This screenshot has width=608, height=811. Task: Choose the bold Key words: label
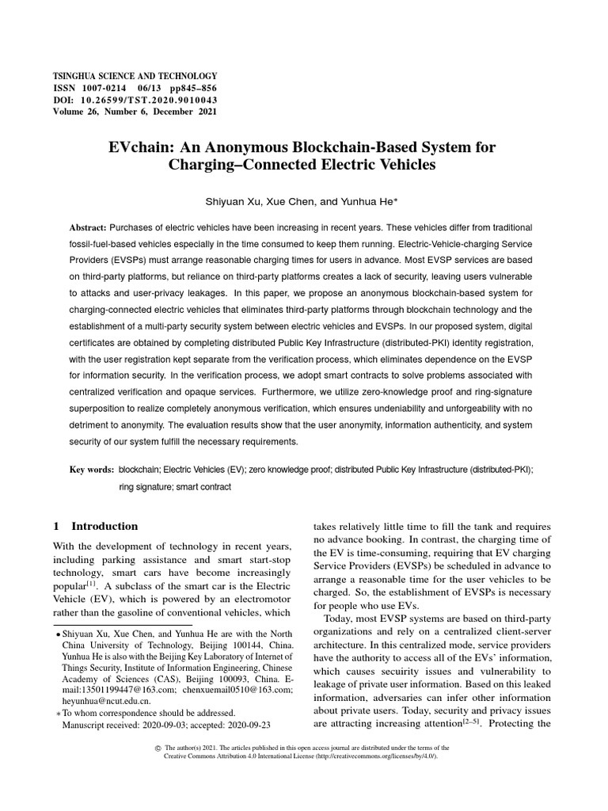coord(92,470)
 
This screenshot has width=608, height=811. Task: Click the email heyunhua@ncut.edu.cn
coord(107,701)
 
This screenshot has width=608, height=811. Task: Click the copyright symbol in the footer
coord(158,748)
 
